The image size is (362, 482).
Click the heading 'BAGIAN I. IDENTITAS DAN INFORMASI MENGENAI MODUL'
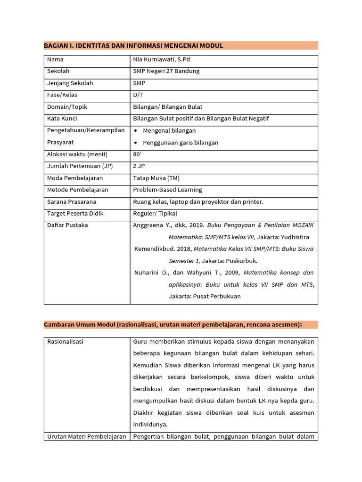click(x=133, y=46)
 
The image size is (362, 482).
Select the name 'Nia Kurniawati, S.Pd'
click(x=161, y=60)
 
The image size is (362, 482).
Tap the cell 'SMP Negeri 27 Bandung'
click(x=166, y=72)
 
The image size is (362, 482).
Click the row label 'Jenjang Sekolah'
click(x=70, y=83)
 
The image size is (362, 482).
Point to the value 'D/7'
click(x=138, y=95)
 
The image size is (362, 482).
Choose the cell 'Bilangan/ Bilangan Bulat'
click(x=167, y=107)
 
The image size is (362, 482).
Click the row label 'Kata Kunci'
click(x=62, y=119)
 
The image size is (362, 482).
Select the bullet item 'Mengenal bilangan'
click(x=169, y=130)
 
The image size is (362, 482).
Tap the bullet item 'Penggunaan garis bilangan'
click(x=181, y=143)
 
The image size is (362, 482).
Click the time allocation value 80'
click(x=138, y=154)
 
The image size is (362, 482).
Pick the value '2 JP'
click(x=139, y=166)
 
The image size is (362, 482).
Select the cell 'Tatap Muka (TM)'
click(x=156, y=178)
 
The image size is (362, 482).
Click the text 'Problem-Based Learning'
click(x=167, y=190)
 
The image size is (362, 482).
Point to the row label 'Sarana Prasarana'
click(x=72, y=202)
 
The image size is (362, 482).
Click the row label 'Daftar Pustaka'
click(x=67, y=225)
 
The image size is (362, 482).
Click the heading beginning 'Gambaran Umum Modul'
click(x=173, y=325)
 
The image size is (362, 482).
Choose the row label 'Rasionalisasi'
click(x=65, y=342)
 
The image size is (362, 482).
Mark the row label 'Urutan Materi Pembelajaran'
click(x=86, y=436)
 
